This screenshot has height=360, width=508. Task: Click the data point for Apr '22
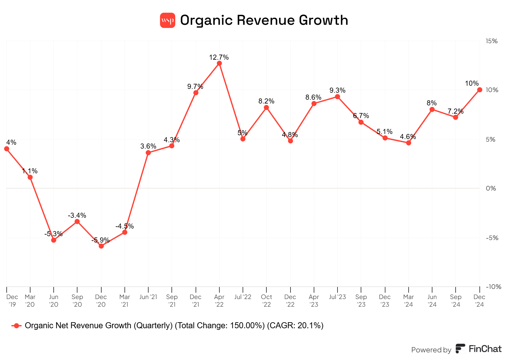click(x=219, y=63)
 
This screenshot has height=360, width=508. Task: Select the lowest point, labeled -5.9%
click(x=101, y=246)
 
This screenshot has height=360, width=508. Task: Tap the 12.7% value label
click(x=219, y=57)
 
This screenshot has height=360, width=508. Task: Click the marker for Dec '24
click(x=479, y=90)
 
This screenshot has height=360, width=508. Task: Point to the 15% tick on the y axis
click(x=491, y=41)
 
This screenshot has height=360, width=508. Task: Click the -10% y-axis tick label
click(x=493, y=287)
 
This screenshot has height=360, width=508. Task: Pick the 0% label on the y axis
click(x=491, y=188)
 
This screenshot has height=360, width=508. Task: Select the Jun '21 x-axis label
click(x=148, y=297)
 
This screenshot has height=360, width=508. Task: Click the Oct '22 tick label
click(x=266, y=301)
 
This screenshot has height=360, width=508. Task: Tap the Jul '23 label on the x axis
click(x=338, y=297)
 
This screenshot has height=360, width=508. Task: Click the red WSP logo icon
click(x=168, y=20)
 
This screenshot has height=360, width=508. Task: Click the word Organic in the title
click(x=206, y=20)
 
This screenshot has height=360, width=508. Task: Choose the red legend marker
click(x=17, y=326)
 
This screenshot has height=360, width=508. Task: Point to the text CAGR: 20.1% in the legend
click(x=295, y=326)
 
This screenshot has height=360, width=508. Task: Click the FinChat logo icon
click(x=460, y=349)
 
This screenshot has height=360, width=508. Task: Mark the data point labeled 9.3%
click(x=338, y=97)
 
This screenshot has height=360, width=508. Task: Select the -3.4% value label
click(x=77, y=216)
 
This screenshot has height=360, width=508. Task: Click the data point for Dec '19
click(x=7, y=149)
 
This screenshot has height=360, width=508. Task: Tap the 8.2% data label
click(x=266, y=101)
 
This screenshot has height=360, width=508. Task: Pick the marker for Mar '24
click(x=409, y=143)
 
